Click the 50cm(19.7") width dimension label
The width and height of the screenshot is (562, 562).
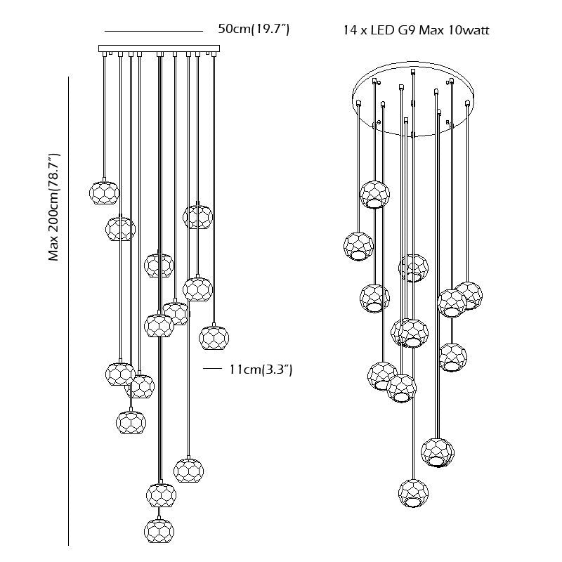254,29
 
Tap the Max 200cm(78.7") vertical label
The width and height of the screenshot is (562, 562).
54,207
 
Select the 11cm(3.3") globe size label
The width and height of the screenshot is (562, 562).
261,369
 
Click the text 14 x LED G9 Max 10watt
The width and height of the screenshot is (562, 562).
416,30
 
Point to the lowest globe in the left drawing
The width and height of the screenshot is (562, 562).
159,531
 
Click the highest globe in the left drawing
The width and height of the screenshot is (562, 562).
103,192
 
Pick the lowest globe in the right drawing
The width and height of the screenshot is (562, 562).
413,494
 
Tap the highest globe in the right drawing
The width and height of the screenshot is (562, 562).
374,195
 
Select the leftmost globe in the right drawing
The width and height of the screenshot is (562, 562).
358,247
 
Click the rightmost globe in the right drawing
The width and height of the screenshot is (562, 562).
469,296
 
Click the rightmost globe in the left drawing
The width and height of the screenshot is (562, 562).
214,337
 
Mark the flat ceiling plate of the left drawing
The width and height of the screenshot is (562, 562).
159,48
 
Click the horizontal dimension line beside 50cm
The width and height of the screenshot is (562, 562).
154,32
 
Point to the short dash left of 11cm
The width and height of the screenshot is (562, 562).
211,368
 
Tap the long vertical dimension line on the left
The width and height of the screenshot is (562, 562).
68,311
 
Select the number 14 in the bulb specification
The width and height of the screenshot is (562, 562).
349,30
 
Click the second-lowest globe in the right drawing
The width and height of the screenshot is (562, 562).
437,452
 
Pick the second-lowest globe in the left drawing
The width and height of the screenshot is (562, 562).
161,495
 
